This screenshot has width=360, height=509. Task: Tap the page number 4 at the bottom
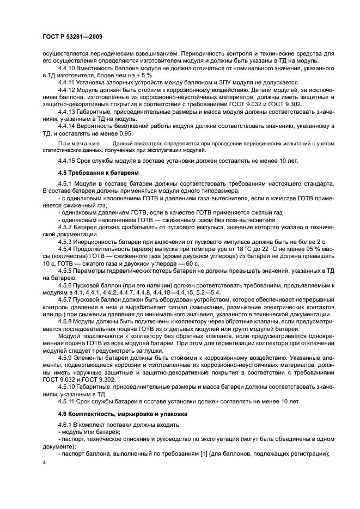click(x=44, y=462)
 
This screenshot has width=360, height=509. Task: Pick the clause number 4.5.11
click(x=68, y=401)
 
